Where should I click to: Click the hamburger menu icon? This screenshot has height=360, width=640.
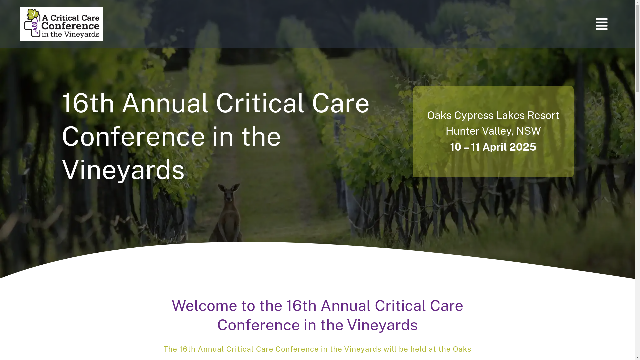pyautogui.click(x=601, y=24)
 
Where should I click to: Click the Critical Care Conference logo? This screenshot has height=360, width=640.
pyautogui.click(x=62, y=24)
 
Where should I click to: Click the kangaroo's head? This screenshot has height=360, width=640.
pyautogui.click(x=230, y=194)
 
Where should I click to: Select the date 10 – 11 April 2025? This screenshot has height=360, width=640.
pyautogui.click(x=493, y=147)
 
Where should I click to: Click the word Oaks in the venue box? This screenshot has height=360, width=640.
pyautogui.click(x=439, y=115)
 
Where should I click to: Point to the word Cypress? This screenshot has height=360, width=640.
pyautogui.click(x=474, y=115)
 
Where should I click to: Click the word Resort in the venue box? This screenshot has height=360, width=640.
pyautogui.click(x=543, y=115)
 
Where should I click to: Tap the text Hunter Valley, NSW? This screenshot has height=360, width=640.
pyautogui.click(x=493, y=131)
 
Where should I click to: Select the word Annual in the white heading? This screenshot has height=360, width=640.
pyautogui.click(x=165, y=103)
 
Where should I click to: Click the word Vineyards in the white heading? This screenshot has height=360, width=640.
pyautogui.click(x=123, y=170)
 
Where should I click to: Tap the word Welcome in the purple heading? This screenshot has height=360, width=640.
pyautogui.click(x=204, y=306)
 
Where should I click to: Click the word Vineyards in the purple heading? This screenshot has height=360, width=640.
pyautogui.click(x=382, y=325)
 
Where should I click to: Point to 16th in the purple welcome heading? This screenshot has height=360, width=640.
pyautogui.click(x=301, y=306)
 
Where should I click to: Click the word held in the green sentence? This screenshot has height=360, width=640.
pyautogui.click(x=418, y=349)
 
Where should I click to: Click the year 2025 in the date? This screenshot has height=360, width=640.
pyautogui.click(x=523, y=147)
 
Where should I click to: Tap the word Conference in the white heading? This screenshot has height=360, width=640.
pyautogui.click(x=133, y=136)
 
